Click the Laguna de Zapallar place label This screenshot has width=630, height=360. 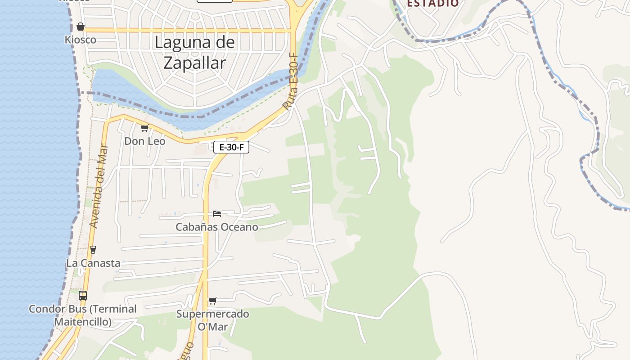pos(194,52)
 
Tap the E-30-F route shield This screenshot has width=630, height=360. pos(231,147)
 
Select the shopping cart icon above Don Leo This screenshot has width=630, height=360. pos(144,128)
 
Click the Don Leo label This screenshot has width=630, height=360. pos(144,141)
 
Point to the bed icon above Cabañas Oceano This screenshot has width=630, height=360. pos(217,213)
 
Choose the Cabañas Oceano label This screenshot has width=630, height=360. pos(217,227)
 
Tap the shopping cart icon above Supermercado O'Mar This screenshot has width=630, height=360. pos(212,301)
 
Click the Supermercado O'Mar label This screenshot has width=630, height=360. pos(212,320)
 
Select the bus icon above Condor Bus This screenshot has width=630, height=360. pos(83,296)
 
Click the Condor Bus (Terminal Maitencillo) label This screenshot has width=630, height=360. pos(83,315)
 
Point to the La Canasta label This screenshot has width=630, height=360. pos(93,263)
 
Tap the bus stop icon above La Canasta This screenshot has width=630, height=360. pos(93,249)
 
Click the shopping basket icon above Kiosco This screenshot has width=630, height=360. pos(81,27)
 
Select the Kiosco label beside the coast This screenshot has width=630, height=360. pos(81,40)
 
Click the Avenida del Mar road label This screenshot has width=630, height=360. pos(99,185)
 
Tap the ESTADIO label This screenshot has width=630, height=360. pos(433,4)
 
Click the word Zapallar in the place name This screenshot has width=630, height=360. pos(194,63)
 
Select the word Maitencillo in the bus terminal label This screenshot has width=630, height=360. pos(83,322)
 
